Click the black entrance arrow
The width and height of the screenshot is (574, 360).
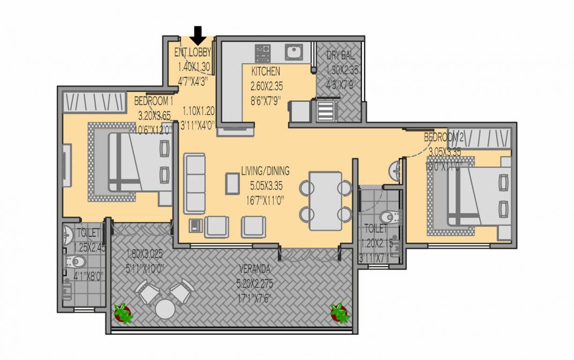click(198, 35)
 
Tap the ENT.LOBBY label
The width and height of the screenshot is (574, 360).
click(193, 52)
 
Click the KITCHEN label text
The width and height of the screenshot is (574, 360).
click(266, 72)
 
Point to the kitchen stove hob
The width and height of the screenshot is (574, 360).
click(263, 52)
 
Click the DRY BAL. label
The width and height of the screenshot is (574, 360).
click(341, 56)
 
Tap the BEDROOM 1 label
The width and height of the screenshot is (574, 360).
click(154, 101)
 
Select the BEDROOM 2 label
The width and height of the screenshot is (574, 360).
click(444, 137)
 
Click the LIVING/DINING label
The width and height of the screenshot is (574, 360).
click(265, 170)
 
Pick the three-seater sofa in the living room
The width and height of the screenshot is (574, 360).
click(194, 183)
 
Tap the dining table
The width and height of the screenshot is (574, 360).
click(325, 201)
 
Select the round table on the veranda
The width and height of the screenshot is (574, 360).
click(165, 309)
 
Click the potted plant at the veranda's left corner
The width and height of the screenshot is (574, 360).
click(123, 313)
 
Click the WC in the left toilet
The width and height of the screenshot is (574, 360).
click(76, 261)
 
